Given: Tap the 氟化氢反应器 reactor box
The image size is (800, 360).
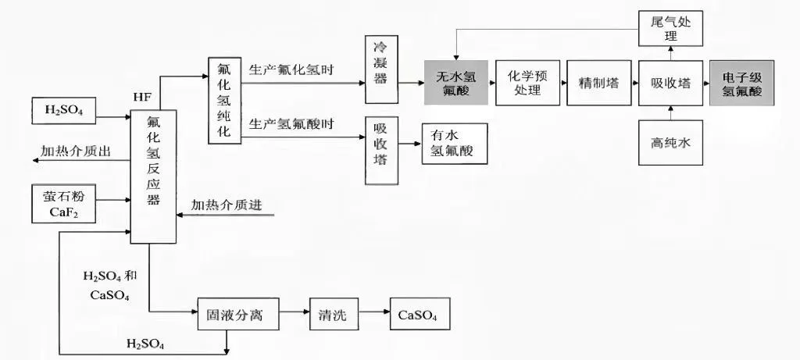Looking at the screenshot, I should coord(153,176).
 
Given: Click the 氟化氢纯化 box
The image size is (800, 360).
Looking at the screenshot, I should coord(223,100).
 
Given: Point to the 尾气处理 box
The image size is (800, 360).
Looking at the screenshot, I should coord(670,28).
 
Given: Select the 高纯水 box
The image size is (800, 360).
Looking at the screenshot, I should coord(670,143).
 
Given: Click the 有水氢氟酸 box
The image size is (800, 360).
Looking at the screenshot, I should coord(454,144).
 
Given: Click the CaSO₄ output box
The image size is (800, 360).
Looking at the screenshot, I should coord(419,315).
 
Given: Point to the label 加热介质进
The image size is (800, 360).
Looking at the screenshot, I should coord(226,205).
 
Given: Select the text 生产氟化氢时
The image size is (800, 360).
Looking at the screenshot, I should coord(291,69).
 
